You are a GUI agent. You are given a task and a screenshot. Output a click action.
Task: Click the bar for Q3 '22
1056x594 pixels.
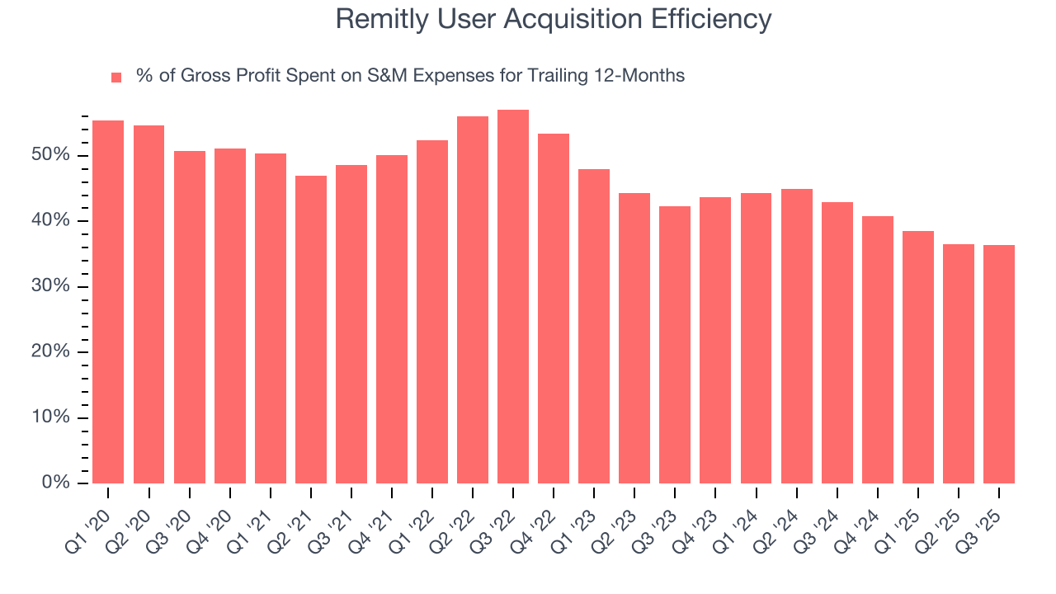(513, 297)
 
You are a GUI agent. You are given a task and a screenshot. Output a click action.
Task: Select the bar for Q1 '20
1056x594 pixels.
(108, 302)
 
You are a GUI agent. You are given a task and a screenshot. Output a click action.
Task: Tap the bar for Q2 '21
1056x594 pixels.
(311, 330)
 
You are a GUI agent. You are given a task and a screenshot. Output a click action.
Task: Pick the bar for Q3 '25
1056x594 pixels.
(999, 364)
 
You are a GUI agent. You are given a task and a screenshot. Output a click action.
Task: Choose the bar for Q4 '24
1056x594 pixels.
(878, 350)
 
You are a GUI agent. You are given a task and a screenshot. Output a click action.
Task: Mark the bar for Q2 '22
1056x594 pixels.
(473, 300)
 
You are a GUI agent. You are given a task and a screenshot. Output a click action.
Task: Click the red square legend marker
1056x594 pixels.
(116, 77)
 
